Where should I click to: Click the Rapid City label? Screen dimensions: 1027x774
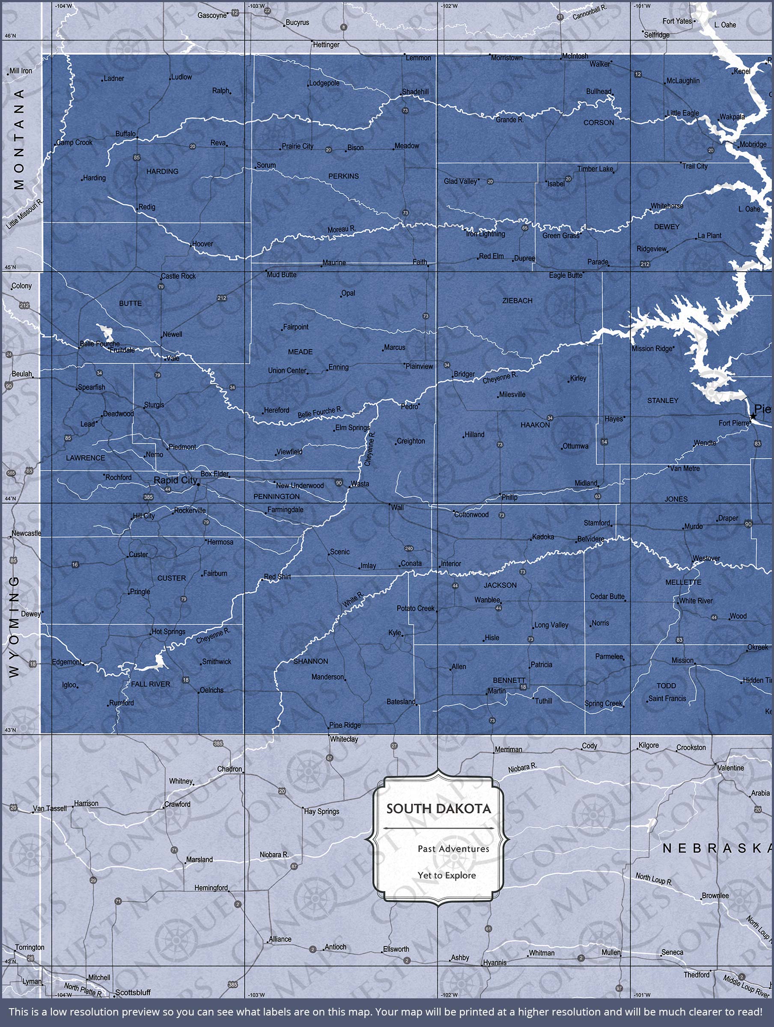175,480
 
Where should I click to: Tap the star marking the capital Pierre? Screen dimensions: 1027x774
753,416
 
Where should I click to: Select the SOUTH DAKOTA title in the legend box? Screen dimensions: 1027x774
438,809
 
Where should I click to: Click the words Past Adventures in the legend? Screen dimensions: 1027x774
453,849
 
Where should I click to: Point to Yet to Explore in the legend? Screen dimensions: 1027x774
447,875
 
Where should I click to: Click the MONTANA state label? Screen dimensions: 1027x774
19,139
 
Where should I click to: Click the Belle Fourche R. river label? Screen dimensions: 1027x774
320,412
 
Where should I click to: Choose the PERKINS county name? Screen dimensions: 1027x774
343,176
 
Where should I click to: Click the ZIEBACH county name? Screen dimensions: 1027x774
517,300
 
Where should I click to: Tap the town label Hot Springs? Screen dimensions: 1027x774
168,632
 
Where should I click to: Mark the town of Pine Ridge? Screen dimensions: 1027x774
344,725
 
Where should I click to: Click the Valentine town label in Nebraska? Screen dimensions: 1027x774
730,768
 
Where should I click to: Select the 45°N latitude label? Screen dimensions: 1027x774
10,267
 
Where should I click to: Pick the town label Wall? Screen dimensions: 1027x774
397,508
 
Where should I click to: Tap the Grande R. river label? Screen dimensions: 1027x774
510,120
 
